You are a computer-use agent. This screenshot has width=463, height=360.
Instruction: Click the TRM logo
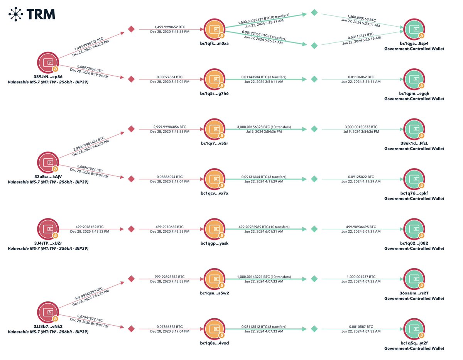point(32,14)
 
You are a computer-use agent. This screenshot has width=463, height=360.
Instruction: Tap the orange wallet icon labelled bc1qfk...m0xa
point(214,30)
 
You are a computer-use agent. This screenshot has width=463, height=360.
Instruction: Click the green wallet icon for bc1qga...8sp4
point(414,30)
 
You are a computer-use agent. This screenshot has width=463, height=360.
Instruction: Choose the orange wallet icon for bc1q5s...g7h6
point(214,79)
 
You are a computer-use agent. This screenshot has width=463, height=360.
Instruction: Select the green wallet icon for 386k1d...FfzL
point(414,129)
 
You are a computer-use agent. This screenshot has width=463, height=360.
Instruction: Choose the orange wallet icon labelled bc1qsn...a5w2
point(214,279)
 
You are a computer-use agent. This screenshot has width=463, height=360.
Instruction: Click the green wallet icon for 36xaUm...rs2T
point(414,279)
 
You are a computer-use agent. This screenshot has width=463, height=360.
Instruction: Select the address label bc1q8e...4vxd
point(215,343)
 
